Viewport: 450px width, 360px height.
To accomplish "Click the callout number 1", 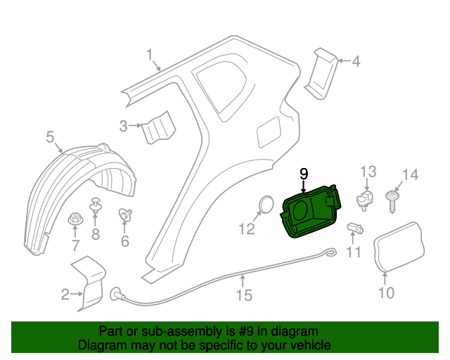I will tap(150, 54).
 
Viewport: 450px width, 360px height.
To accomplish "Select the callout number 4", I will tap(355, 61).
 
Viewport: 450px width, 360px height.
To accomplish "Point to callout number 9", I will tap(304, 173).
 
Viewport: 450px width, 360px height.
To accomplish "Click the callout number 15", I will tap(243, 295).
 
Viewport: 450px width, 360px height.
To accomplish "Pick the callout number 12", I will tap(246, 229).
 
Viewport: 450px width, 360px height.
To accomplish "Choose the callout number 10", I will tap(387, 292).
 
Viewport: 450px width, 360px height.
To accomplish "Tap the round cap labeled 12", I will tap(266, 203).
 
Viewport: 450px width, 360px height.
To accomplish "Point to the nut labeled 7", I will tap(75, 219).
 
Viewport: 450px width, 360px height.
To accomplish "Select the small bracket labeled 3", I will tap(157, 128).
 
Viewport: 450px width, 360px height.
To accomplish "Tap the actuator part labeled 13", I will tap(365, 198).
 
